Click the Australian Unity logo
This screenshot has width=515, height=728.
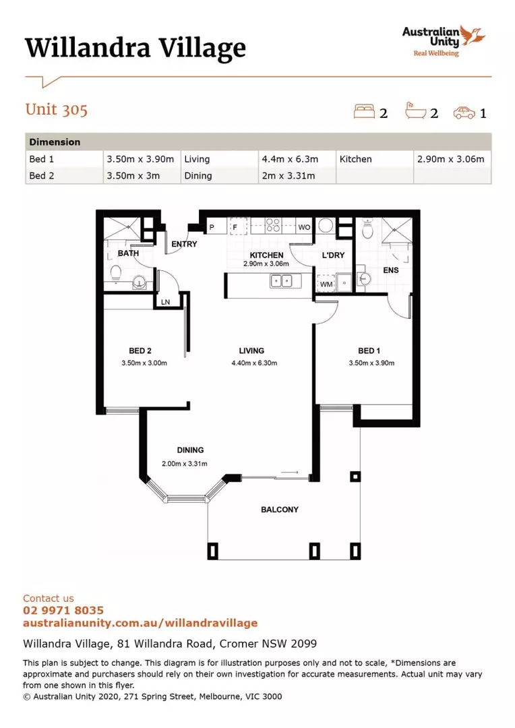point(444,41)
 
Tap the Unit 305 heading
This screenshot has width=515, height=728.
point(56,110)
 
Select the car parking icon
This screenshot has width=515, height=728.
point(464,113)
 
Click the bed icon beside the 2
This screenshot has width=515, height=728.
point(364,111)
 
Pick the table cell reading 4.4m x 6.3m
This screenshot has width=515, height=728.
point(290,159)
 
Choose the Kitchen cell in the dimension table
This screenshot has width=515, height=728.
point(356,159)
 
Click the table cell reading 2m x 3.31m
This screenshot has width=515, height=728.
point(288,175)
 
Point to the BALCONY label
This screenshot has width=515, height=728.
point(280,510)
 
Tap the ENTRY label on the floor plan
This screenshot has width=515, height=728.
point(184,244)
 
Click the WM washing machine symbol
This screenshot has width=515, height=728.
point(326,283)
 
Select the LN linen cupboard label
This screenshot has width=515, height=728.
point(165,302)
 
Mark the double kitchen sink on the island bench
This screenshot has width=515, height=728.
point(282,281)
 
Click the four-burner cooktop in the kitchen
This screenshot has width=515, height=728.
point(273,225)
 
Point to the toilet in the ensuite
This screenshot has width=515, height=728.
point(367,229)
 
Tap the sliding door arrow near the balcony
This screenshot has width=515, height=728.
point(289,472)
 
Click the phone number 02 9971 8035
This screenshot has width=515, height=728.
point(63,610)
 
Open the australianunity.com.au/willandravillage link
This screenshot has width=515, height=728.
point(140,623)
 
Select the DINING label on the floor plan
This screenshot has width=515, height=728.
point(190,450)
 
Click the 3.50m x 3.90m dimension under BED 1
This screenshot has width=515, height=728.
point(371,363)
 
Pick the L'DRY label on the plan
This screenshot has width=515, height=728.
point(334,255)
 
